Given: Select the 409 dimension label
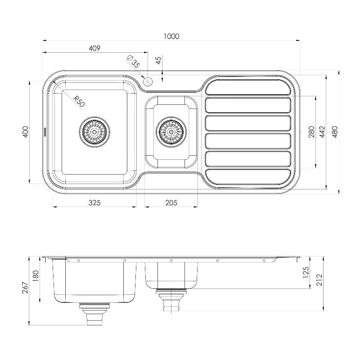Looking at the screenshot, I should [94, 48].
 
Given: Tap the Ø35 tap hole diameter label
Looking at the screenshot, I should [134, 62].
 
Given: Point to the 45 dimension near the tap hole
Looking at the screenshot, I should [158, 60].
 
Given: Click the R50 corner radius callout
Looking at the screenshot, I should [78, 101].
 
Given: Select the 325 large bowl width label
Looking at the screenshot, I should [94, 203].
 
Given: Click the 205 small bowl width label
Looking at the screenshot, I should [171, 203].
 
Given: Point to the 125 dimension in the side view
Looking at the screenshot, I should [306, 272].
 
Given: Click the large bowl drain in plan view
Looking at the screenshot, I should [94, 131].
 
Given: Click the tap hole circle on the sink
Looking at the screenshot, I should [148, 81].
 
